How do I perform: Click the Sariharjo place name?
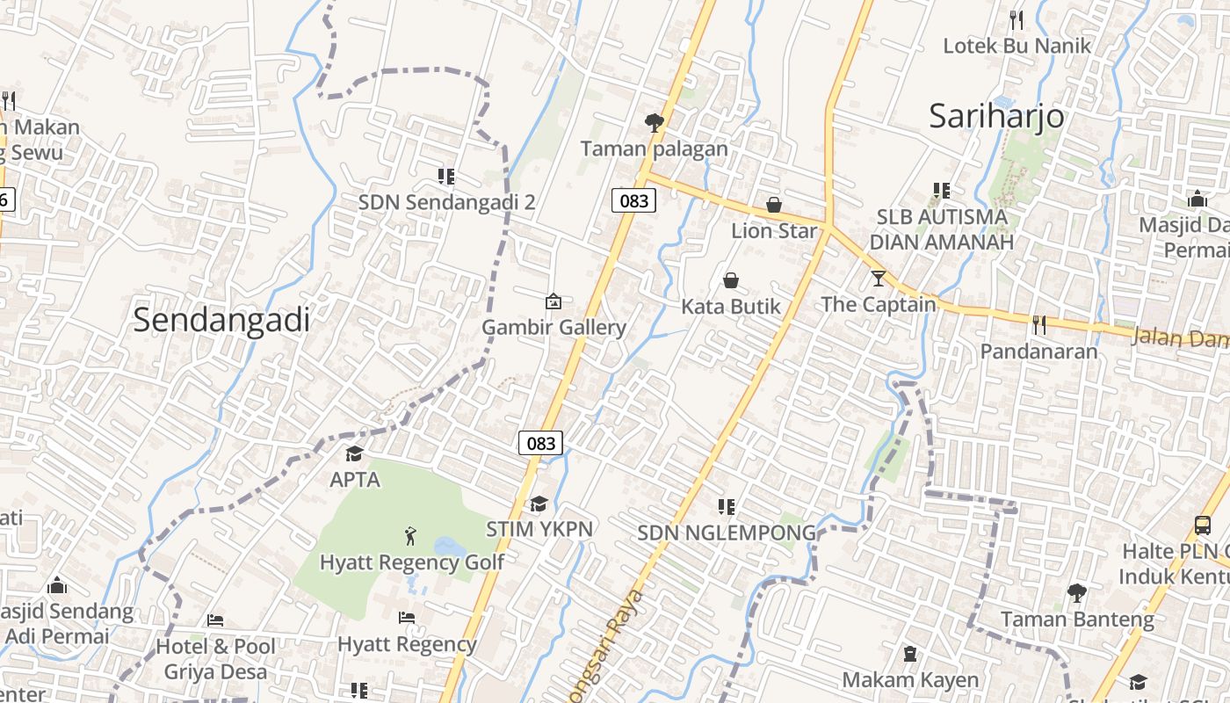click(x=996, y=116)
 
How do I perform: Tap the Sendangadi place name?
click(x=221, y=320)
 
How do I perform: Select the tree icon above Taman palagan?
click(x=654, y=122)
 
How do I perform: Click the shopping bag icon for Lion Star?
click(x=774, y=205)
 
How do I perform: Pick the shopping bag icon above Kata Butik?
click(x=731, y=280)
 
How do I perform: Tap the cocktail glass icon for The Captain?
click(x=879, y=279)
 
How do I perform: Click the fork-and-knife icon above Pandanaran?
click(x=1039, y=325)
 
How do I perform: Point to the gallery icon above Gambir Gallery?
click(x=553, y=301)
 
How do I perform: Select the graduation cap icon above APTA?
click(x=354, y=453)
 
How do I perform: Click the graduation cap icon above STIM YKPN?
click(x=539, y=504)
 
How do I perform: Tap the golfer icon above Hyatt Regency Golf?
click(x=410, y=534)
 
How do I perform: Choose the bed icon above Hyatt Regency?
click(x=407, y=618)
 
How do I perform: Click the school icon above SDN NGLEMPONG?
click(x=727, y=506)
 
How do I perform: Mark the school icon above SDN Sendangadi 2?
click(x=446, y=177)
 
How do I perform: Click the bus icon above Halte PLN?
click(x=1203, y=525)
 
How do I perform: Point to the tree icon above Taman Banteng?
click(x=1077, y=593)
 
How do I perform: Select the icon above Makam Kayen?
click(x=910, y=654)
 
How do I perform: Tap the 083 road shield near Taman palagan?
click(x=633, y=200)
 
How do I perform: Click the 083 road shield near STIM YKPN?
click(x=540, y=442)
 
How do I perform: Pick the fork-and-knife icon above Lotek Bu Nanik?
click(x=1017, y=19)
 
